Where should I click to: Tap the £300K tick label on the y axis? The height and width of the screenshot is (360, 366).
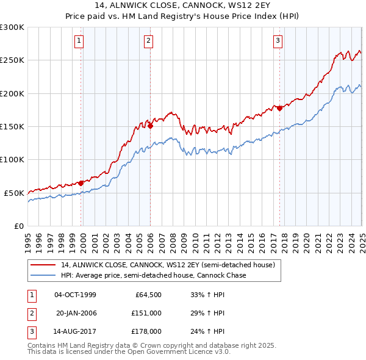click(x=12, y=27)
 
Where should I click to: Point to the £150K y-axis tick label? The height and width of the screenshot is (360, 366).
click(x=12, y=126)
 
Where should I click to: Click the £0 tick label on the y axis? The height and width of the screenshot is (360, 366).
click(x=19, y=226)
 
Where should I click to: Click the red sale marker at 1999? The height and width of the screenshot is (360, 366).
click(x=81, y=182)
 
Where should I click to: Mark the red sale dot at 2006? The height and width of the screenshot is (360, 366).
click(x=151, y=126)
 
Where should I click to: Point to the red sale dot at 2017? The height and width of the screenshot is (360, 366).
click(x=279, y=108)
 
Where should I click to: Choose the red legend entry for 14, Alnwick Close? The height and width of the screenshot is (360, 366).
click(x=168, y=265)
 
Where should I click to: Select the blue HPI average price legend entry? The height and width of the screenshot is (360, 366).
click(x=152, y=275)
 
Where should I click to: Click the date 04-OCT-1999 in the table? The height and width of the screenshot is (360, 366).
click(x=75, y=295)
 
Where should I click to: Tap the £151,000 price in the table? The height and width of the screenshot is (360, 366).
click(x=146, y=313)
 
